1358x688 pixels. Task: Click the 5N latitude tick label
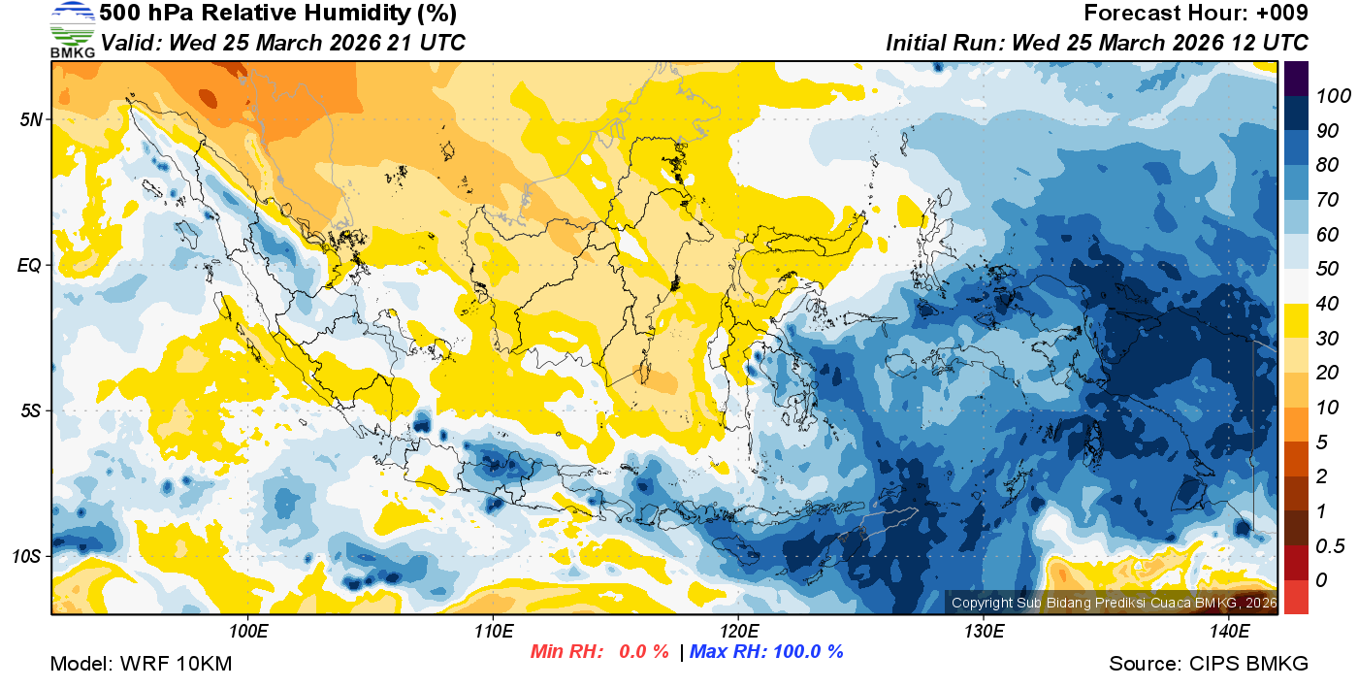click(x=31, y=119)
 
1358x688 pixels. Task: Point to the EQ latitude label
click(x=31, y=265)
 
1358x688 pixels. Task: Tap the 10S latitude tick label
click(x=27, y=557)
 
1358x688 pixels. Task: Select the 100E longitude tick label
click(x=248, y=632)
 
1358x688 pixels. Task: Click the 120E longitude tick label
click(x=738, y=632)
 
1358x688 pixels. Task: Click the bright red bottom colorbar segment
click(x=1296, y=596)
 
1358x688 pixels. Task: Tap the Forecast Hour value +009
click(x=1280, y=14)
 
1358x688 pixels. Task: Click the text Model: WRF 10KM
click(x=141, y=664)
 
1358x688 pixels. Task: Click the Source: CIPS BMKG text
click(x=1209, y=664)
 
